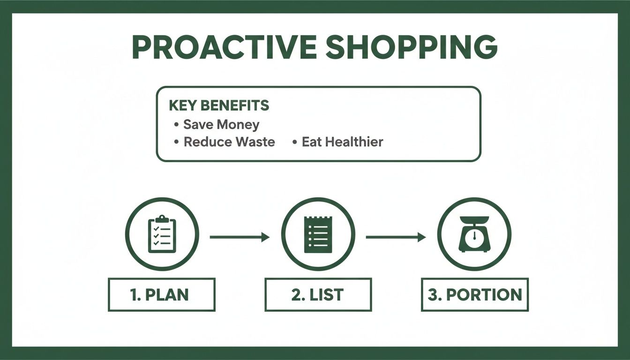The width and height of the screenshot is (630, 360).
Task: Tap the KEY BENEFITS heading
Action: (219, 105)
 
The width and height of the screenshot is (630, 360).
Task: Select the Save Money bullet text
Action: (221, 125)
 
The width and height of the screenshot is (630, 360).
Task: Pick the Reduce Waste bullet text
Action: (229, 142)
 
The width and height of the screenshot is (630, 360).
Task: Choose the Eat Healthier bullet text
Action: (342, 142)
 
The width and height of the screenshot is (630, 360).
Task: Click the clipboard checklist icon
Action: (162, 234)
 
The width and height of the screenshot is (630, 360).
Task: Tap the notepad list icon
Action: (318, 234)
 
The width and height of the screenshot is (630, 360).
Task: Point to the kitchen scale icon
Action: (474, 234)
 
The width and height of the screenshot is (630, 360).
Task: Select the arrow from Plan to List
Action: (240, 237)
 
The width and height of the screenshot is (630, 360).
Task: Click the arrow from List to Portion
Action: (396, 237)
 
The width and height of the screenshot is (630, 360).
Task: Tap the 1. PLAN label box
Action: (162, 295)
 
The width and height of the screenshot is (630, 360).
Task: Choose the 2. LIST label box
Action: (318, 295)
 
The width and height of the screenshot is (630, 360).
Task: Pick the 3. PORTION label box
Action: (474, 295)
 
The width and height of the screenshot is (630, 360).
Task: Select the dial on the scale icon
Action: (474, 236)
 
